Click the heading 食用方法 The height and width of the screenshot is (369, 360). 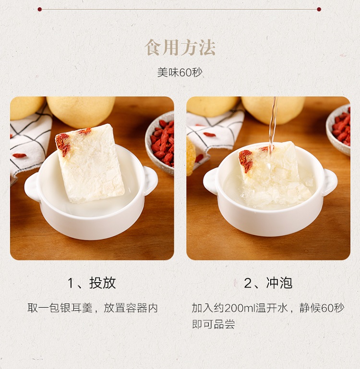(x=180, y=48)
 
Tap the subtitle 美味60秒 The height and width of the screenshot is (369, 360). (x=180, y=72)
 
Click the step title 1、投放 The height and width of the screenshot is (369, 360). (x=92, y=283)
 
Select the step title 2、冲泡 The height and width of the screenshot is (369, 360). (x=268, y=283)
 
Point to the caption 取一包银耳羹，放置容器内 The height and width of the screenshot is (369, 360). (x=93, y=308)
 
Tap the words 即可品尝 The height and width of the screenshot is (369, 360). (x=214, y=324)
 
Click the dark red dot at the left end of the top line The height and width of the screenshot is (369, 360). (x=39, y=10)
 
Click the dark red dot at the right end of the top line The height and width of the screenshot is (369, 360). (x=319, y=10)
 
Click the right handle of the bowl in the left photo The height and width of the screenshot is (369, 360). (x=151, y=180)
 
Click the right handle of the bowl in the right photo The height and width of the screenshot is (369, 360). (x=330, y=182)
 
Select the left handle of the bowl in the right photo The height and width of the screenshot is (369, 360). (x=210, y=181)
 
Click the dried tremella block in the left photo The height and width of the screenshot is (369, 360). (x=90, y=164)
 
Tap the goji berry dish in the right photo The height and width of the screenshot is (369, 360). (x=338, y=130)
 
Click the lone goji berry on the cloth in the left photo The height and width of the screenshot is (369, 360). (x=19, y=155)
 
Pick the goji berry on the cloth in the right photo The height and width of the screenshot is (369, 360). (x=209, y=135)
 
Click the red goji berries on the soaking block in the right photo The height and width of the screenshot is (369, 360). (x=246, y=160)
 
